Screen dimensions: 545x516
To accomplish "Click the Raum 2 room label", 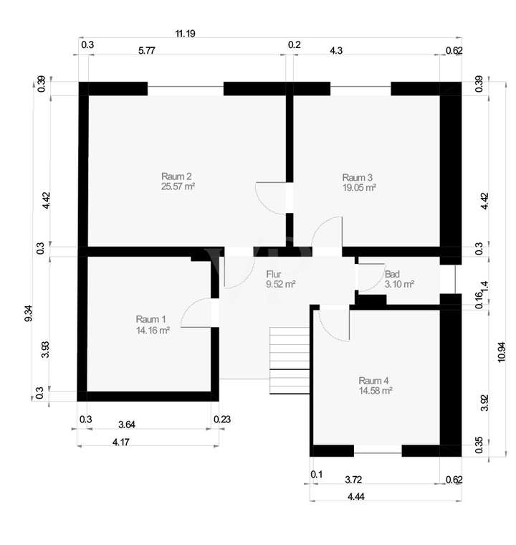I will click(x=178, y=176).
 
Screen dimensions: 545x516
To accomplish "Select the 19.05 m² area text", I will click(x=360, y=187).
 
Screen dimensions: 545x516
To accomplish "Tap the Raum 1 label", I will click(x=151, y=319).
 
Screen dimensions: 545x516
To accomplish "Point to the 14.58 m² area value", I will click(x=376, y=391).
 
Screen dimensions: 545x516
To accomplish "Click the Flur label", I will click(x=274, y=274).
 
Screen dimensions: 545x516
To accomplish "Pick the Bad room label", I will click(x=392, y=274).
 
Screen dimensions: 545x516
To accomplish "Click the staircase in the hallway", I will click(x=289, y=360).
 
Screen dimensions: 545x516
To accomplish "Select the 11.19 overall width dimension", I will click(x=185, y=33).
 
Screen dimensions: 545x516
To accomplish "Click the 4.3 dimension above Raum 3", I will click(x=337, y=50).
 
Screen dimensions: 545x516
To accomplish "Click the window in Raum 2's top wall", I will click(x=186, y=90).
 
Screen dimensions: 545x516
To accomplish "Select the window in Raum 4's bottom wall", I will click(x=378, y=450).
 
